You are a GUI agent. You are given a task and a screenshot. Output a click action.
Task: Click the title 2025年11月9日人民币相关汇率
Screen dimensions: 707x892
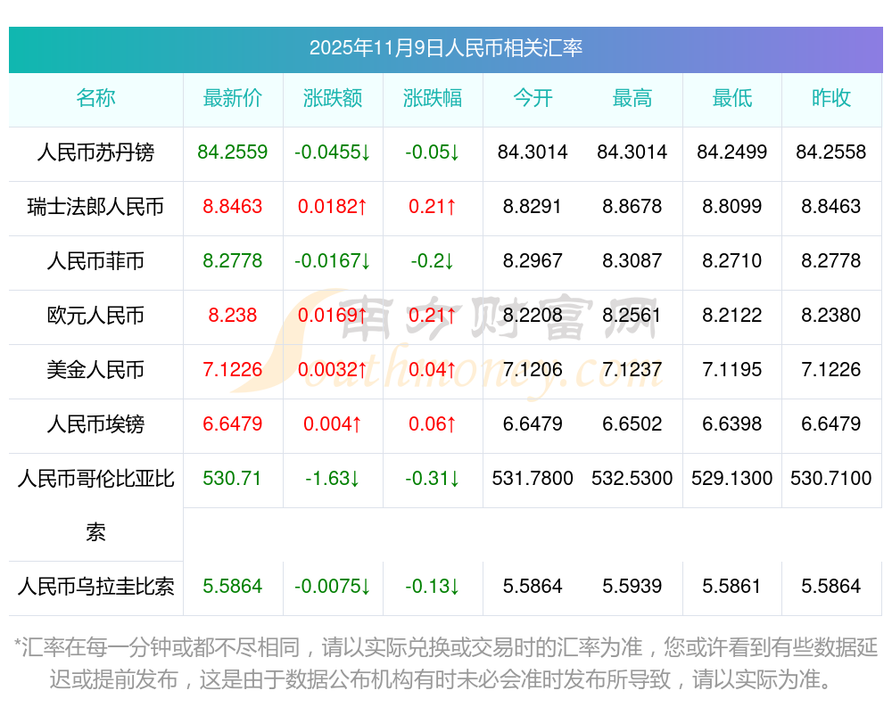click(445, 48)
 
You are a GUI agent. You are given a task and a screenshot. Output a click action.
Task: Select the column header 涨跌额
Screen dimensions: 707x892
click(333, 98)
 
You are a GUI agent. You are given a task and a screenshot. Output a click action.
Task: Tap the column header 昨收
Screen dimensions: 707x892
click(831, 98)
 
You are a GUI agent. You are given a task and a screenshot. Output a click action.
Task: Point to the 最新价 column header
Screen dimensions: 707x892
click(233, 98)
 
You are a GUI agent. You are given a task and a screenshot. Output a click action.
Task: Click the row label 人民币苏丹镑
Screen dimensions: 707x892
click(95, 152)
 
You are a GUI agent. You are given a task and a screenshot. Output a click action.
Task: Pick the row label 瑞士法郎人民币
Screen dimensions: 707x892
click(95, 207)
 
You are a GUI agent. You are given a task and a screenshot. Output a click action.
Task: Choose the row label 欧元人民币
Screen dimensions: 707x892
click(95, 316)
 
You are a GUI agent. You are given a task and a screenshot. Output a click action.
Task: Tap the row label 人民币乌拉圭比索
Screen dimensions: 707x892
click(95, 587)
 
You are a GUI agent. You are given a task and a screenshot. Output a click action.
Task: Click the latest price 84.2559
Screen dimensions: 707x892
click(233, 152)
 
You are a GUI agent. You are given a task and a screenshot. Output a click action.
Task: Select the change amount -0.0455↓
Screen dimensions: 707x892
click(333, 152)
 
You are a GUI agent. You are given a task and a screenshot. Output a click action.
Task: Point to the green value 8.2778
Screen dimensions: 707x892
click(233, 261)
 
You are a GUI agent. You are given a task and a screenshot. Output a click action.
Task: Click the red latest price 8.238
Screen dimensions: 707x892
click(233, 316)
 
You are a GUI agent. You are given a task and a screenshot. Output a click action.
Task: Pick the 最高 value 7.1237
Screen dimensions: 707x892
click(632, 370)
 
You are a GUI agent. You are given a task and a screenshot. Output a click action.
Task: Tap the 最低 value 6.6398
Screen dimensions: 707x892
click(732, 424)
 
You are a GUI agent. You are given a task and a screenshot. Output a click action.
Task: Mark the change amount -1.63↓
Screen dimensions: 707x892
click(333, 479)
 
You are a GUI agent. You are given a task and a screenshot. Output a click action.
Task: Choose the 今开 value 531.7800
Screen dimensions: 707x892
click(533, 479)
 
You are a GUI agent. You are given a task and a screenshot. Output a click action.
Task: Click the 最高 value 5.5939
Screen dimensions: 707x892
click(632, 587)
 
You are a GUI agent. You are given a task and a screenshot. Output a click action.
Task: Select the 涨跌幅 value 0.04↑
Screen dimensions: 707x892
click(433, 370)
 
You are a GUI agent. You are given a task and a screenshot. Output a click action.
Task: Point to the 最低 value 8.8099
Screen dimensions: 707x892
click(732, 207)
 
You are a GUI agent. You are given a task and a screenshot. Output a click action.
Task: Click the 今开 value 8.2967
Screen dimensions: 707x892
click(533, 261)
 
